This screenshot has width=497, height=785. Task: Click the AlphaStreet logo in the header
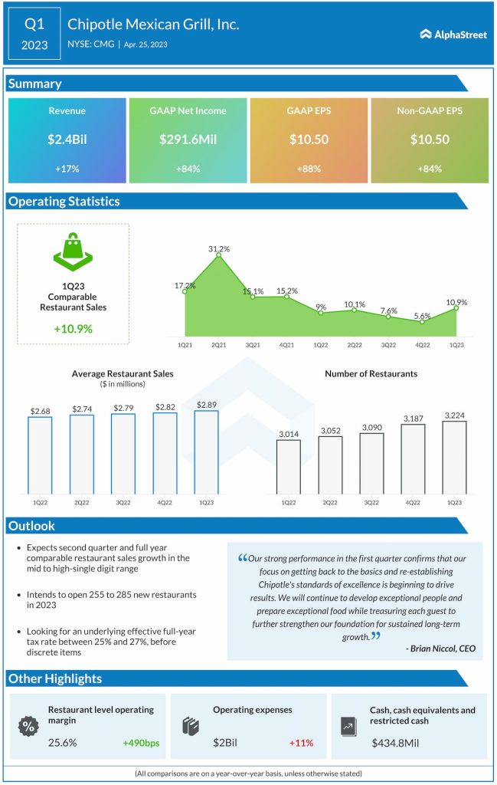[x=453, y=34]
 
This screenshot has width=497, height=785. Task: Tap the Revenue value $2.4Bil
[x=67, y=140]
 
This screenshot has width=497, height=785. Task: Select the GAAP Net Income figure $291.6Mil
[x=188, y=140]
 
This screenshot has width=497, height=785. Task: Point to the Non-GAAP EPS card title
[x=430, y=111]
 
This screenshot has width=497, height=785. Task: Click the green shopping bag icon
[x=73, y=251]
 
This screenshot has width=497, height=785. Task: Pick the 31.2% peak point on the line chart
[x=219, y=255]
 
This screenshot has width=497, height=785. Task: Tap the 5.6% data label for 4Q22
[x=423, y=314]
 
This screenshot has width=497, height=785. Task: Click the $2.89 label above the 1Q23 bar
[x=206, y=404]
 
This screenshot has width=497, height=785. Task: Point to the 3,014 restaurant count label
[x=288, y=433]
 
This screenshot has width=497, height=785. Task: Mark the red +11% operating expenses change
[x=301, y=743]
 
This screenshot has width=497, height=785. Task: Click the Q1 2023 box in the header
[x=34, y=34]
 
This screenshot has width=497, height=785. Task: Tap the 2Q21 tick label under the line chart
[x=219, y=346]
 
